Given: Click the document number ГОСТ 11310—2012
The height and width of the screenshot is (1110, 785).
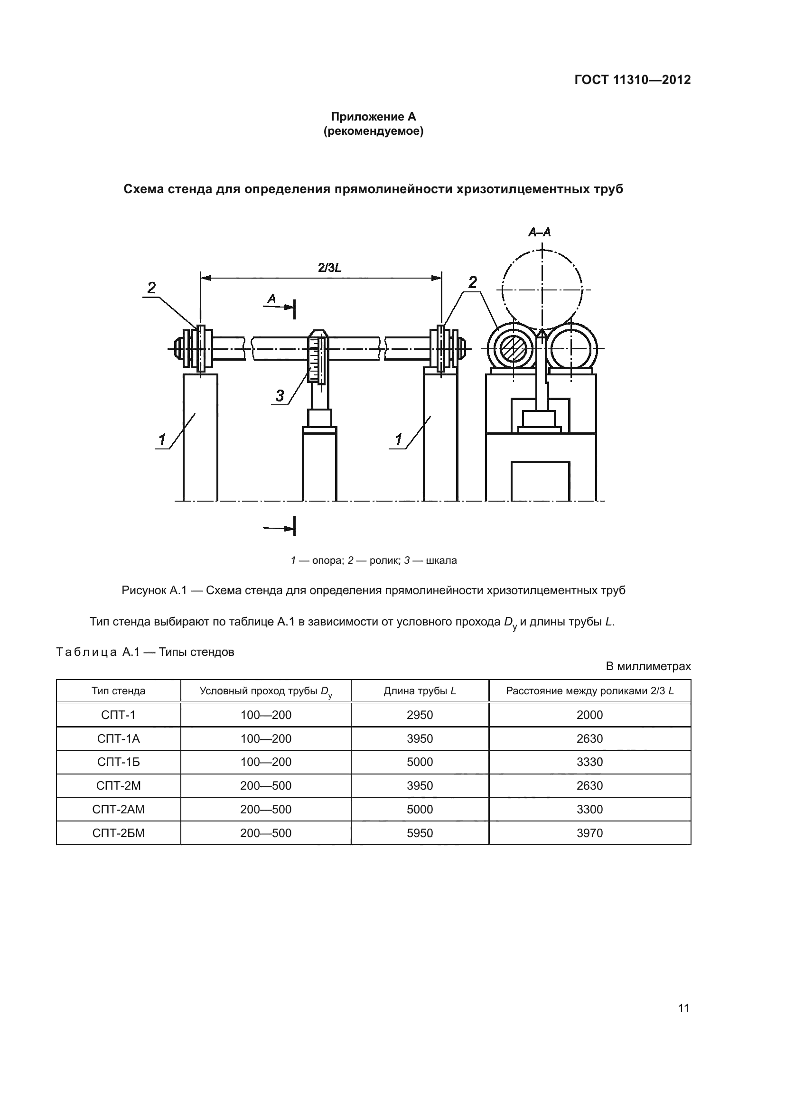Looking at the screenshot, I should (632, 80).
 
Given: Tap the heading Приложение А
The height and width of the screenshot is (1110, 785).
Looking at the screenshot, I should (373, 117).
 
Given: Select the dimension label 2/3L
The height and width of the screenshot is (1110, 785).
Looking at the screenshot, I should (330, 267).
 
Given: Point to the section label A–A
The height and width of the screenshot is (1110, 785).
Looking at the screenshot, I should (540, 233).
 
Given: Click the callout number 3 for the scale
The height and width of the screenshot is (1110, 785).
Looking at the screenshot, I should (280, 396).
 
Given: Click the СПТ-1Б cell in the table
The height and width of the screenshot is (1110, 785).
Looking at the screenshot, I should (119, 763).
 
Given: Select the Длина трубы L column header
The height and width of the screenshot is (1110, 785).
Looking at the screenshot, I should (420, 691).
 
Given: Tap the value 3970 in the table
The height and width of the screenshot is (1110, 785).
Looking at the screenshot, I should (590, 833).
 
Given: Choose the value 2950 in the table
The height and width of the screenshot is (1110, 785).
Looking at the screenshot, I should (420, 715).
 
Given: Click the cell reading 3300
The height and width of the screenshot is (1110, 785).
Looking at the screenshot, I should (590, 809).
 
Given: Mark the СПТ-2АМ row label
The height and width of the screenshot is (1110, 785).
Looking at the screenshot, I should (119, 809).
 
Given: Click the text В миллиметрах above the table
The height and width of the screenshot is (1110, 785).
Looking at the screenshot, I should (648, 666).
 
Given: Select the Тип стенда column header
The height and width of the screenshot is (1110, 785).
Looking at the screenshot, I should (119, 691).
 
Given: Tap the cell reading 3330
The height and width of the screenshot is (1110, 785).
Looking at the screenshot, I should (590, 763).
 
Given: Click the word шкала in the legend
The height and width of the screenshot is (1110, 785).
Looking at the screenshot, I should (441, 561).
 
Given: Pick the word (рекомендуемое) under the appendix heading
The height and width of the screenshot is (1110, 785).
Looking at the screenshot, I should (373, 131).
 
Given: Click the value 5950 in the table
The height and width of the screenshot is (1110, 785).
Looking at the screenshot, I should (420, 833).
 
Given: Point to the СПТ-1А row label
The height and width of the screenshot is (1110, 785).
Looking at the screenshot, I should (119, 739).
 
